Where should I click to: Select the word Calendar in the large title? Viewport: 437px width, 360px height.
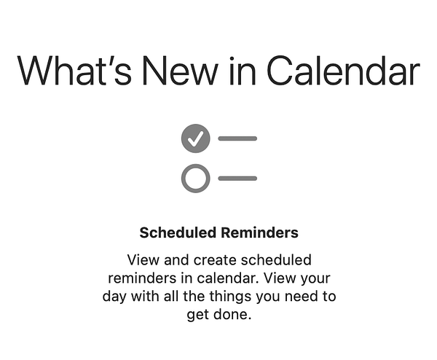pyautogui.click(x=343, y=71)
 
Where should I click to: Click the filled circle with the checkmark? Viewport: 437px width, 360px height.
pyautogui.click(x=195, y=138)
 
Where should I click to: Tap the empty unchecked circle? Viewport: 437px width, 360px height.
pyautogui.click(x=195, y=178)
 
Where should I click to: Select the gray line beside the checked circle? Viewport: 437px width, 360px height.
pyautogui.click(x=237, y=138)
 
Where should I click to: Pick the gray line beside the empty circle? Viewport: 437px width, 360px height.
pyautogui.click(x=237, y=178)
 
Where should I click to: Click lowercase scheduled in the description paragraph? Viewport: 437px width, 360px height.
pyautogui.click(x=276, y=259)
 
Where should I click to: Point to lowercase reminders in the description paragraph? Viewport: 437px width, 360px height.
pyautogui.click(x=141, y=278)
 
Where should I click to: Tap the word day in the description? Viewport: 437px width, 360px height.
pyautogui.click(x=115, y=297)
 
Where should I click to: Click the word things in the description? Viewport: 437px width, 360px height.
pyautogui.click(x=220, y=297)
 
